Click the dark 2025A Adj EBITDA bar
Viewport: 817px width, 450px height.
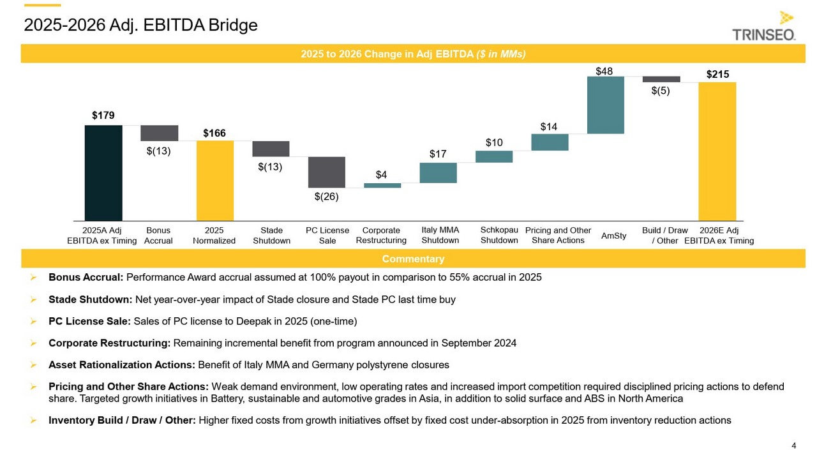point(103,173)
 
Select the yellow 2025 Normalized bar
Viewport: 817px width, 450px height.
point(215,181)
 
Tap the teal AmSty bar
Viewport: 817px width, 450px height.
point(606,105)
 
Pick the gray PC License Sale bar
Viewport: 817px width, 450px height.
point(326,172)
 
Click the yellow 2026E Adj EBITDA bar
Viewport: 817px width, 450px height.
point(717,151)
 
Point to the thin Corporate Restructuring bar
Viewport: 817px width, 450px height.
point(382,186)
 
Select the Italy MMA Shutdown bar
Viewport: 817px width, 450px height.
point(438,173)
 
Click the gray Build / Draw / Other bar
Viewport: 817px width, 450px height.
point(661,79)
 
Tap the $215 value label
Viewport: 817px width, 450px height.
point(717,75)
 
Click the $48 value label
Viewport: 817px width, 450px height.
point(604,71)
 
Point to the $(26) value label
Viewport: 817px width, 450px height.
point(326,197)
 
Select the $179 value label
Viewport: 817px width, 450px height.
point(103,116)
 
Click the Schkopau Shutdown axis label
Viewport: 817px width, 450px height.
point(499,235)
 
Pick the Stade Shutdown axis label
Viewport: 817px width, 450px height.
point(271,236)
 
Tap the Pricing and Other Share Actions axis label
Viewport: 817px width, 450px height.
point(558,235)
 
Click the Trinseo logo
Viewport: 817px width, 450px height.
point(764,26)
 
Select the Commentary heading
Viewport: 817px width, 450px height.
point(413,259)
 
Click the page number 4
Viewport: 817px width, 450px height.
point(793,446)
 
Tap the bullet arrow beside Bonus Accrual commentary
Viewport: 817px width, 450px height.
point(33,278)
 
